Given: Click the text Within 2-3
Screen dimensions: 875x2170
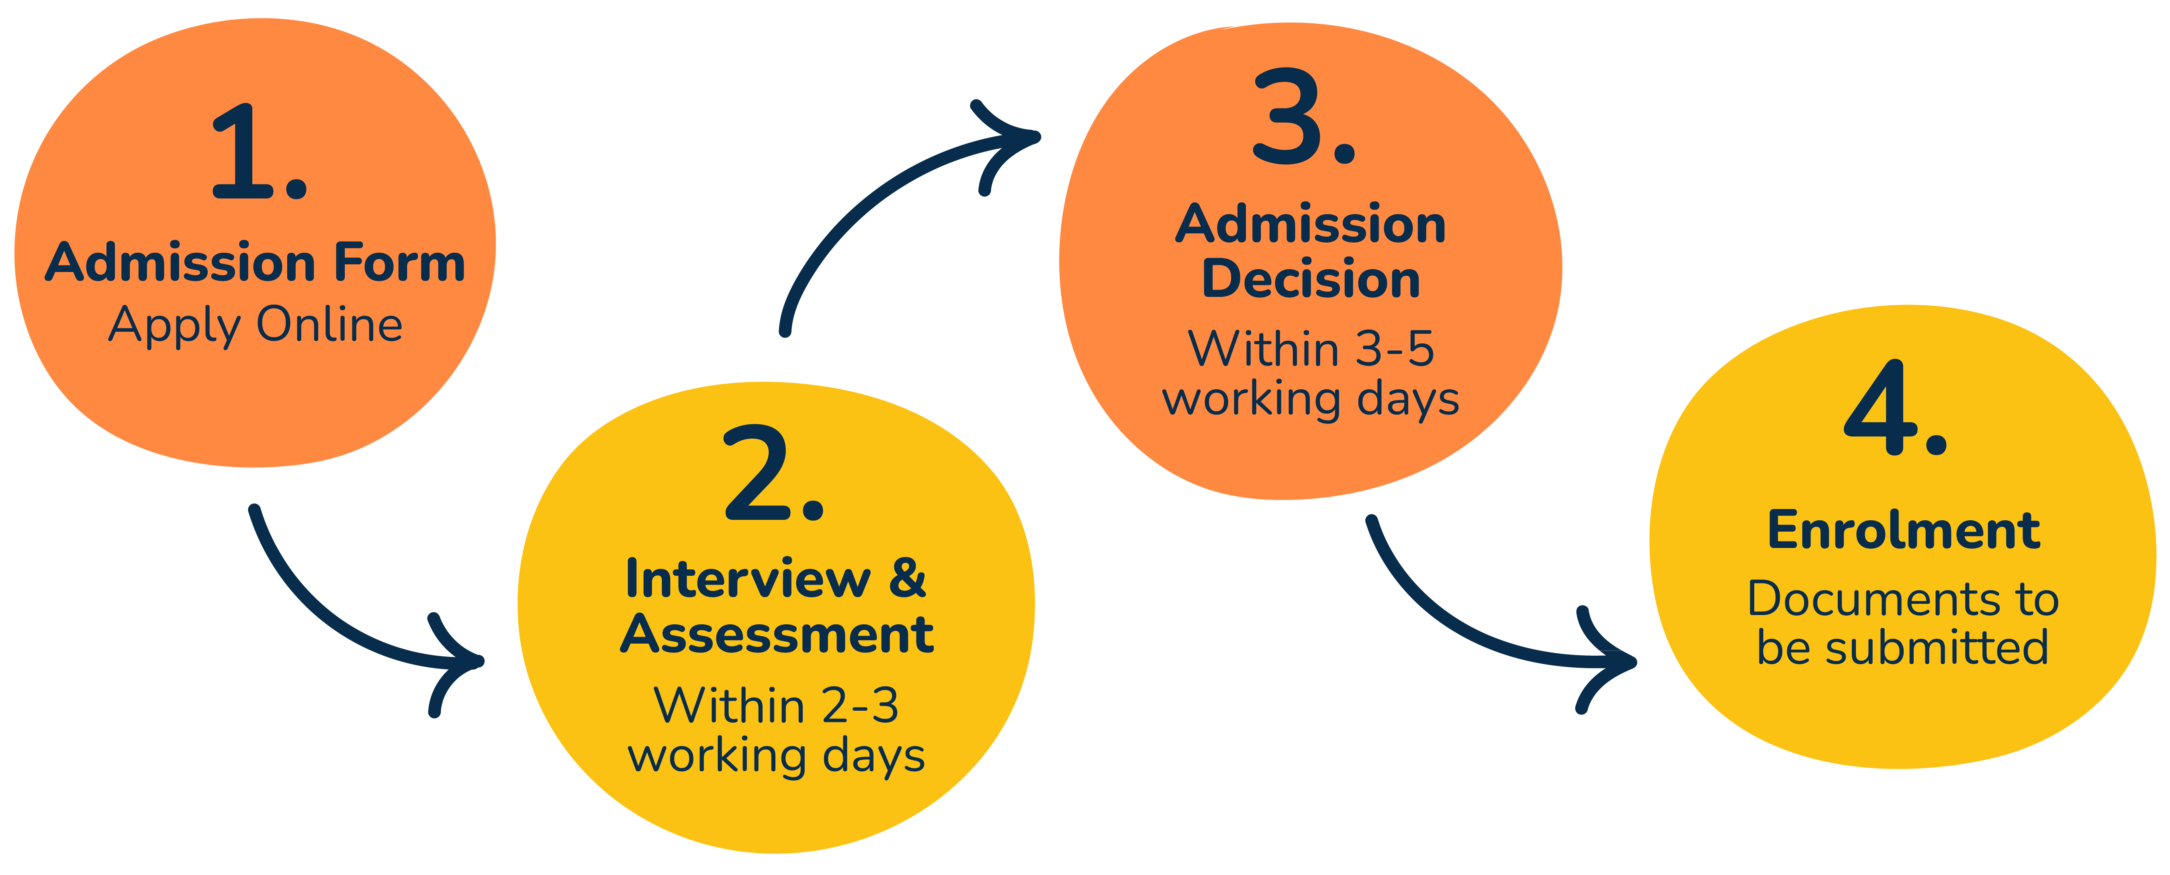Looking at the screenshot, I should click(x=776, y=706).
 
